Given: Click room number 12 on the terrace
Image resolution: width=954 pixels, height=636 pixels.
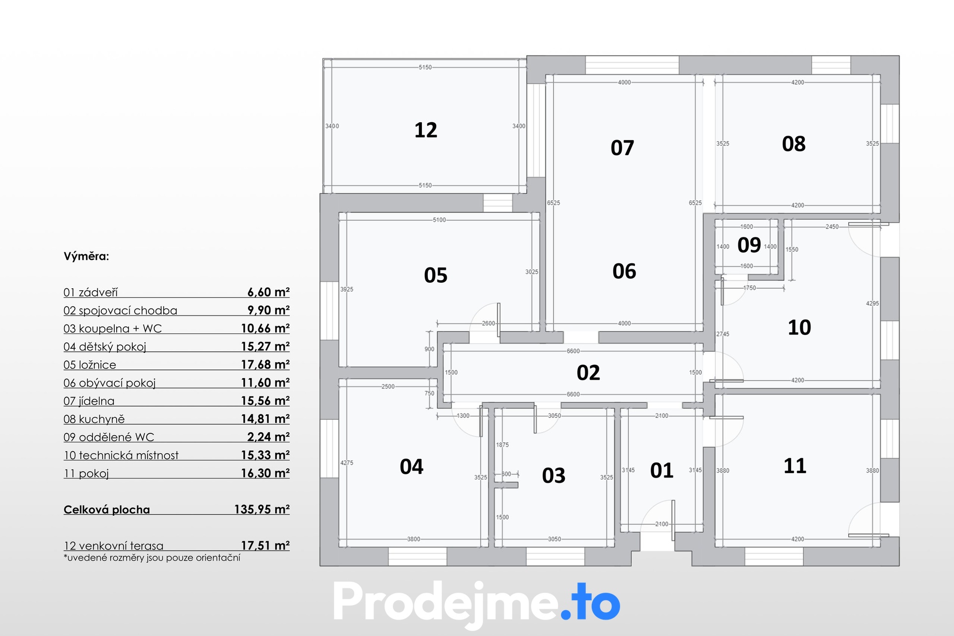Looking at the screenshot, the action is coord(426,130).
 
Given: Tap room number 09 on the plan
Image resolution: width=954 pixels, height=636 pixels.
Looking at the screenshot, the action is coord(749,245).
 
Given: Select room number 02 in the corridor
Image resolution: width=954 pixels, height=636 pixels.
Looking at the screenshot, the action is coord(588,373).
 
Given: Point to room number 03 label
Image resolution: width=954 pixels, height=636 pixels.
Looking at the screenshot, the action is coord(554,476).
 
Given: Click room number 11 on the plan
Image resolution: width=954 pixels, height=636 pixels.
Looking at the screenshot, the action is coord(795,466).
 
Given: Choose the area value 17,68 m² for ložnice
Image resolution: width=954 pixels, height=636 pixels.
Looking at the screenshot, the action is coord(265,365).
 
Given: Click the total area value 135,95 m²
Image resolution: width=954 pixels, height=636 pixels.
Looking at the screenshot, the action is coord(262,509).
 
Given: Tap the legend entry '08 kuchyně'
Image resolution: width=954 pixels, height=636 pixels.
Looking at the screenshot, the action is coord(94,419).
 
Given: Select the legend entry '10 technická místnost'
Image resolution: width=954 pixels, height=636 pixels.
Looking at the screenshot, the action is coord(121,456).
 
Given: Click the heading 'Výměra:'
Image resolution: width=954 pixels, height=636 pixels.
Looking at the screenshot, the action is coord(86,256).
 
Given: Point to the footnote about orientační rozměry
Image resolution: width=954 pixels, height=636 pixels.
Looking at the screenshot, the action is coord(152,558).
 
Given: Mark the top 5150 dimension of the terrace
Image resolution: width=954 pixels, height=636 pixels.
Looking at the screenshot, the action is coord(425,67).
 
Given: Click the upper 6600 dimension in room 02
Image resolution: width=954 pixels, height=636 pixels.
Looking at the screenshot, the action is coord(573,351).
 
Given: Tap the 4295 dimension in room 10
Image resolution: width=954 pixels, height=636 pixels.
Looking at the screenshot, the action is coord(872,304).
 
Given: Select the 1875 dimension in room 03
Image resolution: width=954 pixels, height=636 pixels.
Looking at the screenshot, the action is coord(502,445).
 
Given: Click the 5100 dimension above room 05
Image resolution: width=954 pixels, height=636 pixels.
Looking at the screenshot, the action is coord(439,220).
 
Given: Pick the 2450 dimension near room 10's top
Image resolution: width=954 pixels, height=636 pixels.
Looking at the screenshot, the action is coord(832,227).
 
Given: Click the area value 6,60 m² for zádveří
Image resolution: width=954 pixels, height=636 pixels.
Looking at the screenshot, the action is coord(268,292).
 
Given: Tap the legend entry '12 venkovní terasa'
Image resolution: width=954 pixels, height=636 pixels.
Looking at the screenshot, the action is coord(113,546).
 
